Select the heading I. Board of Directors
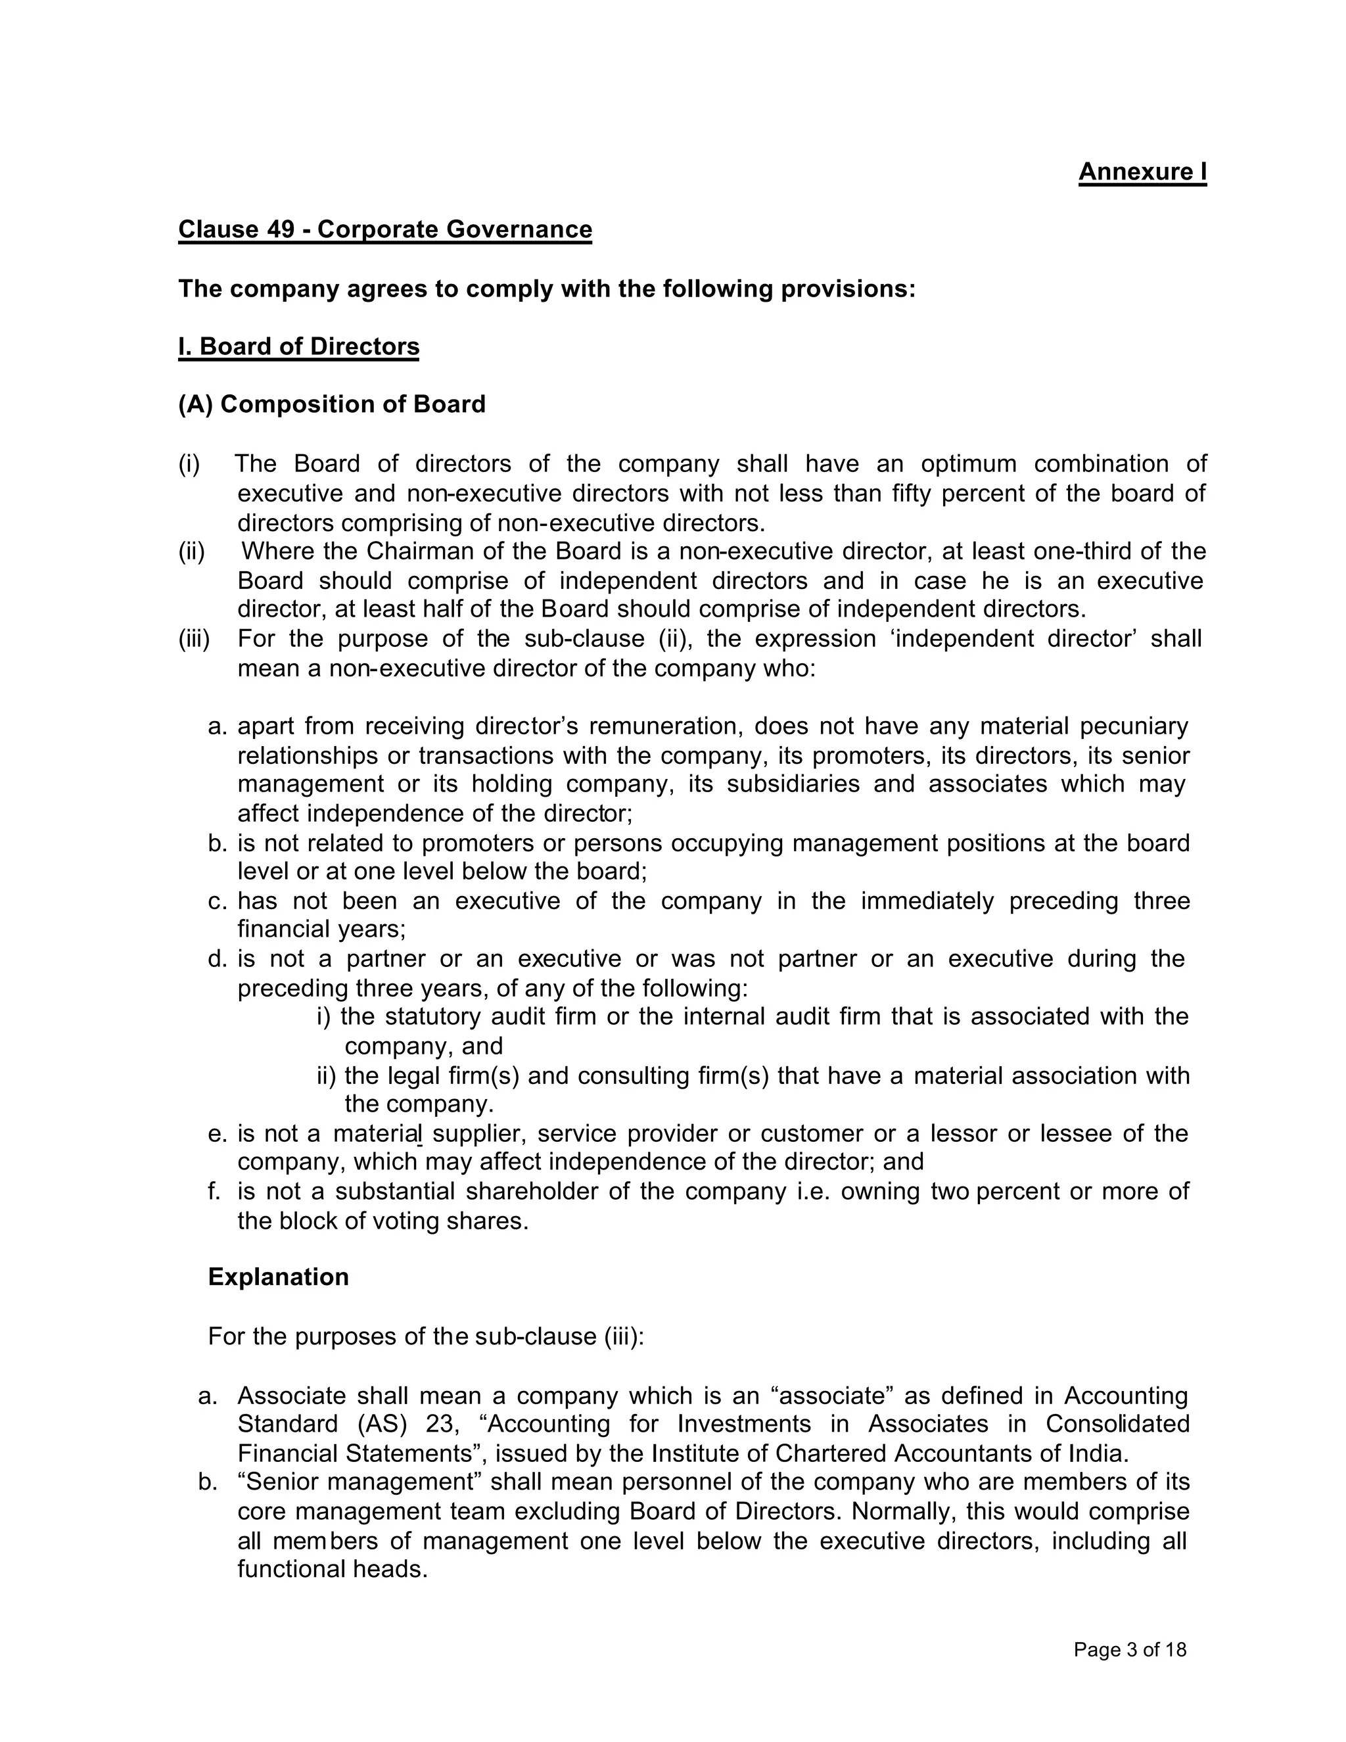coord(298,347)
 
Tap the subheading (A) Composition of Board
coord(332,404)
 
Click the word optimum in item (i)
coord(968,463)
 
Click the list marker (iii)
coord(194,639)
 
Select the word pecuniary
coord(1133,726)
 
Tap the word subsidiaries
coord(793,784)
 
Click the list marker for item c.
coord(218,901)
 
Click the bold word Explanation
coord(278,1277)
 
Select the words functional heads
coord(333,1570)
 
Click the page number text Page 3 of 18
coord(1130,1649)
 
